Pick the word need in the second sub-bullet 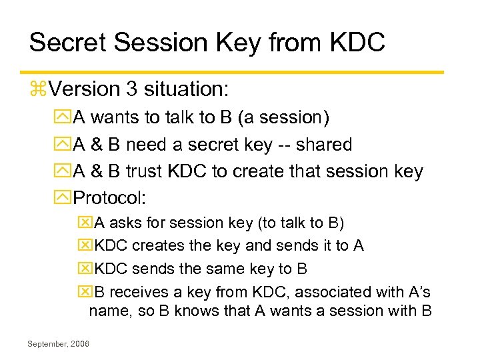click(x=147, y=145)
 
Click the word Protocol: click(x=111, y=198)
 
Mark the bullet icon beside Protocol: click(x=65, y=199)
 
